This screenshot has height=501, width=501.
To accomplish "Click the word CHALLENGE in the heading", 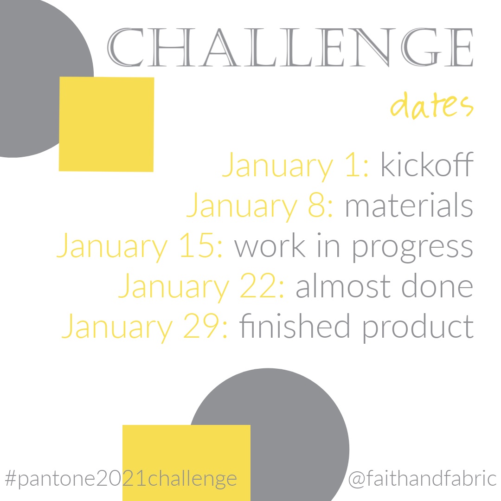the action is pyautogui.click(x=290, y=47).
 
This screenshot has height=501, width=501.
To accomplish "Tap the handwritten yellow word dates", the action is pyautogui.click(x=432, y=105).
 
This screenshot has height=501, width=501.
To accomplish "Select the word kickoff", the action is pyautogui.click(x=427, y=164).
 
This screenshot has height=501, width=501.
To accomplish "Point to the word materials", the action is pyautogui.click(x=409, y=205).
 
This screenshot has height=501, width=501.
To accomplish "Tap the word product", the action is pyautogui.click(x=418, y=328).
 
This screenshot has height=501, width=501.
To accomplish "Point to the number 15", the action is pyautogui.click(x=197, y=245).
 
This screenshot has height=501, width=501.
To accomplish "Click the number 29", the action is pyautogui.click(x=201, y=326).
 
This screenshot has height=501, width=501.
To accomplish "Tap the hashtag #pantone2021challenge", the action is pyautogui.click(x=121, y=479).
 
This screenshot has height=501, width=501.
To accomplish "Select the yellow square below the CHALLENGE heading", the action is pyautogui.click(x=106, y=124).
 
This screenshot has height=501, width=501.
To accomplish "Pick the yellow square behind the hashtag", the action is pyautogui.click(x=186, y=463).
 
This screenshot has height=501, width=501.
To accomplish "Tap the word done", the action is pyautogui.click(x=437, y=285).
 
